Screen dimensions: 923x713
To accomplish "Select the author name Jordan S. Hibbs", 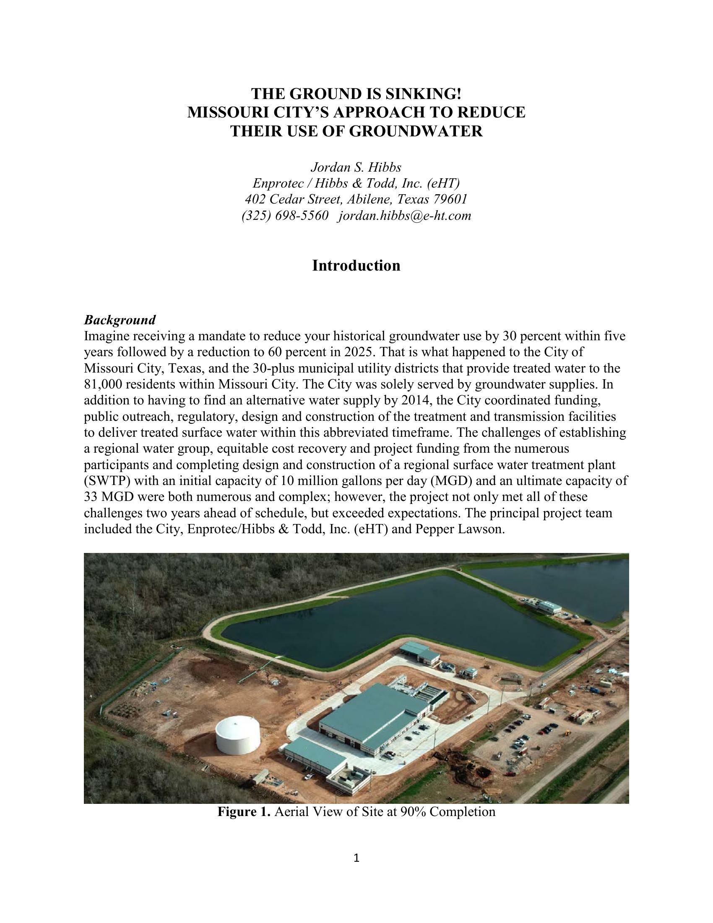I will coord(356,168).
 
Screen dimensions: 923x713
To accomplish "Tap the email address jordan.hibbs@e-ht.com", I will coord(404,216).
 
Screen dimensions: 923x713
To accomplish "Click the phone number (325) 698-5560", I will coord(285,216).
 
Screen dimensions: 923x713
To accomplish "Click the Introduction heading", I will coord(356,266).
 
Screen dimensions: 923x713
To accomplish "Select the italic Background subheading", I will coord(120,320).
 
